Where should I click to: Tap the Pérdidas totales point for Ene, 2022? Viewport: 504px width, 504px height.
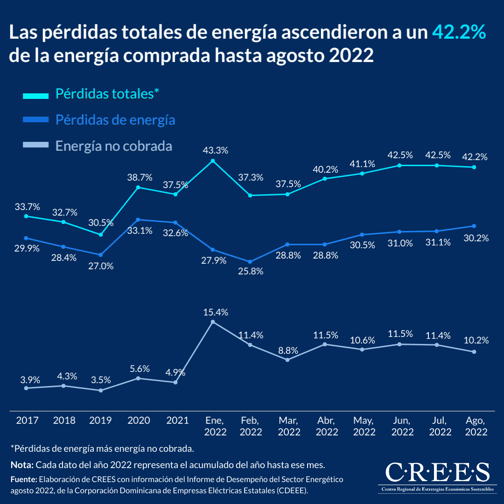pyautogui.click(x=213, y=161)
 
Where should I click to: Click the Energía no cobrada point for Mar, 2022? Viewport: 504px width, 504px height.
pyautogui.click(x=287, y=360)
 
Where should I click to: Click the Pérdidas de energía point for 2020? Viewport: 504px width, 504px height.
pyautogui.click(x=138, y=219)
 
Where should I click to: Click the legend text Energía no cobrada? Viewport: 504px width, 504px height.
pyautogui.click(x=114, y=146)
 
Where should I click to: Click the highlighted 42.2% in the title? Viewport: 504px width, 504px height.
pyautogui.click(x=459, y=33)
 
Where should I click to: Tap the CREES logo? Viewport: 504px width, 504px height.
pyautogui.click(x=437, y=476)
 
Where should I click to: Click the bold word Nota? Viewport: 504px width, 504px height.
pyautogui.click(x=21, y=465)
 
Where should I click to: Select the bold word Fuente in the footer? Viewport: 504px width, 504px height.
pyautogui.click(x=23, y=479)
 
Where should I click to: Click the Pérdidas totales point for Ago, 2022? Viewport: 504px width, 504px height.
pyautogui.click(x=474, y=167)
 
